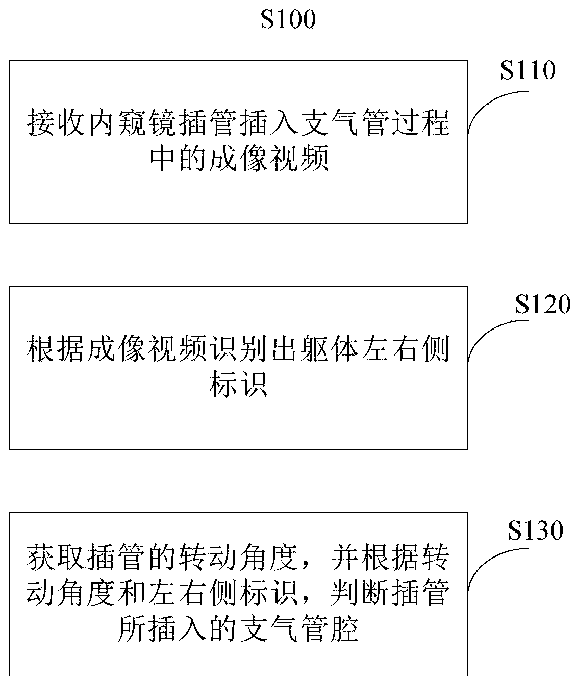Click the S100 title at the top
[288, 20]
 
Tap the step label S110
[528, 71]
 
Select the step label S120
[542, 305]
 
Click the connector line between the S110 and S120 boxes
[227, 255]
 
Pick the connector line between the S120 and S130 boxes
[227, 480]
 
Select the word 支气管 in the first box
[358, 123]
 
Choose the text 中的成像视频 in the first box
[238, 160]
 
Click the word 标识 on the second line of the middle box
[238, 386]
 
